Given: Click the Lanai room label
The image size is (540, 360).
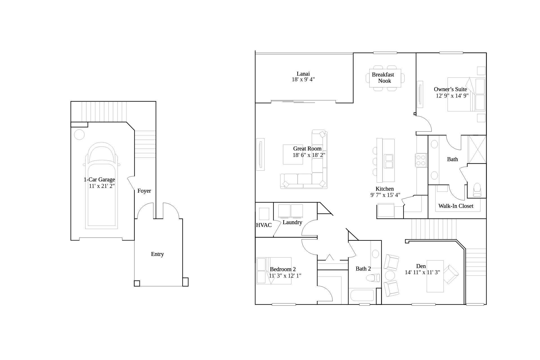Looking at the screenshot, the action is [x=303, y=74].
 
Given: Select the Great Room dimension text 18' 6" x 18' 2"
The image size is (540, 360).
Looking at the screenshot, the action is [x=309, y=155].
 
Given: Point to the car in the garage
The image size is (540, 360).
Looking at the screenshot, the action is [x=101, y=186].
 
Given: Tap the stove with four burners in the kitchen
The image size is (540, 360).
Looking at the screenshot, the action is [x=421, y=160].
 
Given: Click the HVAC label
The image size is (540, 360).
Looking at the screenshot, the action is [x=264, y=225].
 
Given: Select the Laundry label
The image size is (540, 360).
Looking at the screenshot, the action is [x=292, y=222].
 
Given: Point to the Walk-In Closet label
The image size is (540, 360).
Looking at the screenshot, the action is [x=456, y=206].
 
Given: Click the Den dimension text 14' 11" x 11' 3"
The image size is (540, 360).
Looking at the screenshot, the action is [x=422, y=272].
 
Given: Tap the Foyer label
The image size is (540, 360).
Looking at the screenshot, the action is [x=144, y=191].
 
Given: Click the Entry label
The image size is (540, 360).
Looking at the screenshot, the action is [x=157, y=254].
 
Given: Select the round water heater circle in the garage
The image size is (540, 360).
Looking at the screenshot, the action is [x=79, y=134].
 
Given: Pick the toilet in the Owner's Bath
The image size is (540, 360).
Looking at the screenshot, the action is [x=477, y=190].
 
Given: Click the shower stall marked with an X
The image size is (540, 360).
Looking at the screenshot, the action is [x=477, y=149].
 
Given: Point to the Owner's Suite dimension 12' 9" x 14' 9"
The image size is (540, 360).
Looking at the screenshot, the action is [x=452, y=96].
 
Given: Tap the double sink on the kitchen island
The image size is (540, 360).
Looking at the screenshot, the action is [x=389, y=161].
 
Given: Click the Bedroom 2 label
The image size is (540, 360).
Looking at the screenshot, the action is [x=283, y=269].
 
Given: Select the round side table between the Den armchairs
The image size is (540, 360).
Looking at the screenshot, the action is [x=390, y=275].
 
